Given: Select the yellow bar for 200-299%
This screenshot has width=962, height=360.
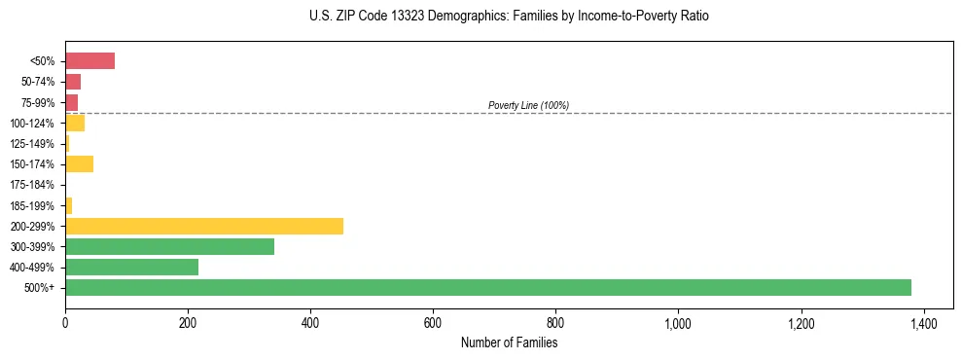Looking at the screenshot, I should point(204,226).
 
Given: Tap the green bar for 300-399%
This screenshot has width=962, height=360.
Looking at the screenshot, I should point(169,246).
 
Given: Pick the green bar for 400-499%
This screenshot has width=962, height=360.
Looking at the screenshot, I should point(131,267).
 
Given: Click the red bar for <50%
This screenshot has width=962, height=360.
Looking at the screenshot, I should point(89,61).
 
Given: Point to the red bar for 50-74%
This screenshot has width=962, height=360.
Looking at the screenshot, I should point(73,82).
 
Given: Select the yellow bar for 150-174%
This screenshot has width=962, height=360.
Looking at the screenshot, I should point(79,163).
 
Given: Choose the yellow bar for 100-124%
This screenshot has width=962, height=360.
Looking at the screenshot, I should point(75,123).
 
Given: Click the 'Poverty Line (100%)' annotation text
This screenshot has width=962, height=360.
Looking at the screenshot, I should point(528,105).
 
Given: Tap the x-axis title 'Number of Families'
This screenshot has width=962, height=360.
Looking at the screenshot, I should point(510,342).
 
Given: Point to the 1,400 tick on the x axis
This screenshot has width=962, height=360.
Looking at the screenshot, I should point(924,322).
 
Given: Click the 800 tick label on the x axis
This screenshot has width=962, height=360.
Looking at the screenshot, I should point(555,322).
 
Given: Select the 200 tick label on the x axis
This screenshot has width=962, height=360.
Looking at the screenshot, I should point(188,322).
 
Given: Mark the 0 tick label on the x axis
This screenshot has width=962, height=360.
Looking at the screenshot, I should point(65,322).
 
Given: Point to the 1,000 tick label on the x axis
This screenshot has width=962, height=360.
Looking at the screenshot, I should point(678,322).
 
